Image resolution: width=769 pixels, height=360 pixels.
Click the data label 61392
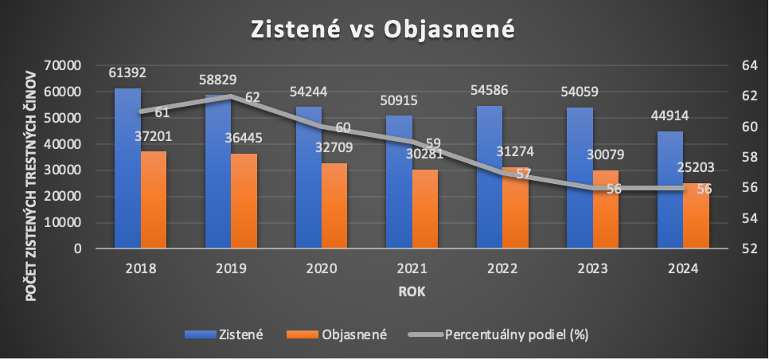[128, 73]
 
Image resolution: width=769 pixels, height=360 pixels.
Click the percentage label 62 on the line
[252, 97]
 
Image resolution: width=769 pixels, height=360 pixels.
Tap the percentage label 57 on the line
[523, 174]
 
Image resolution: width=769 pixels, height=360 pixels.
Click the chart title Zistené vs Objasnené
[384, 28]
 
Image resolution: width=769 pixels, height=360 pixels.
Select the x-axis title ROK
[412, 292]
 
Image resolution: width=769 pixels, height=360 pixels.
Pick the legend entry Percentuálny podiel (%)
[516, 335]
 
